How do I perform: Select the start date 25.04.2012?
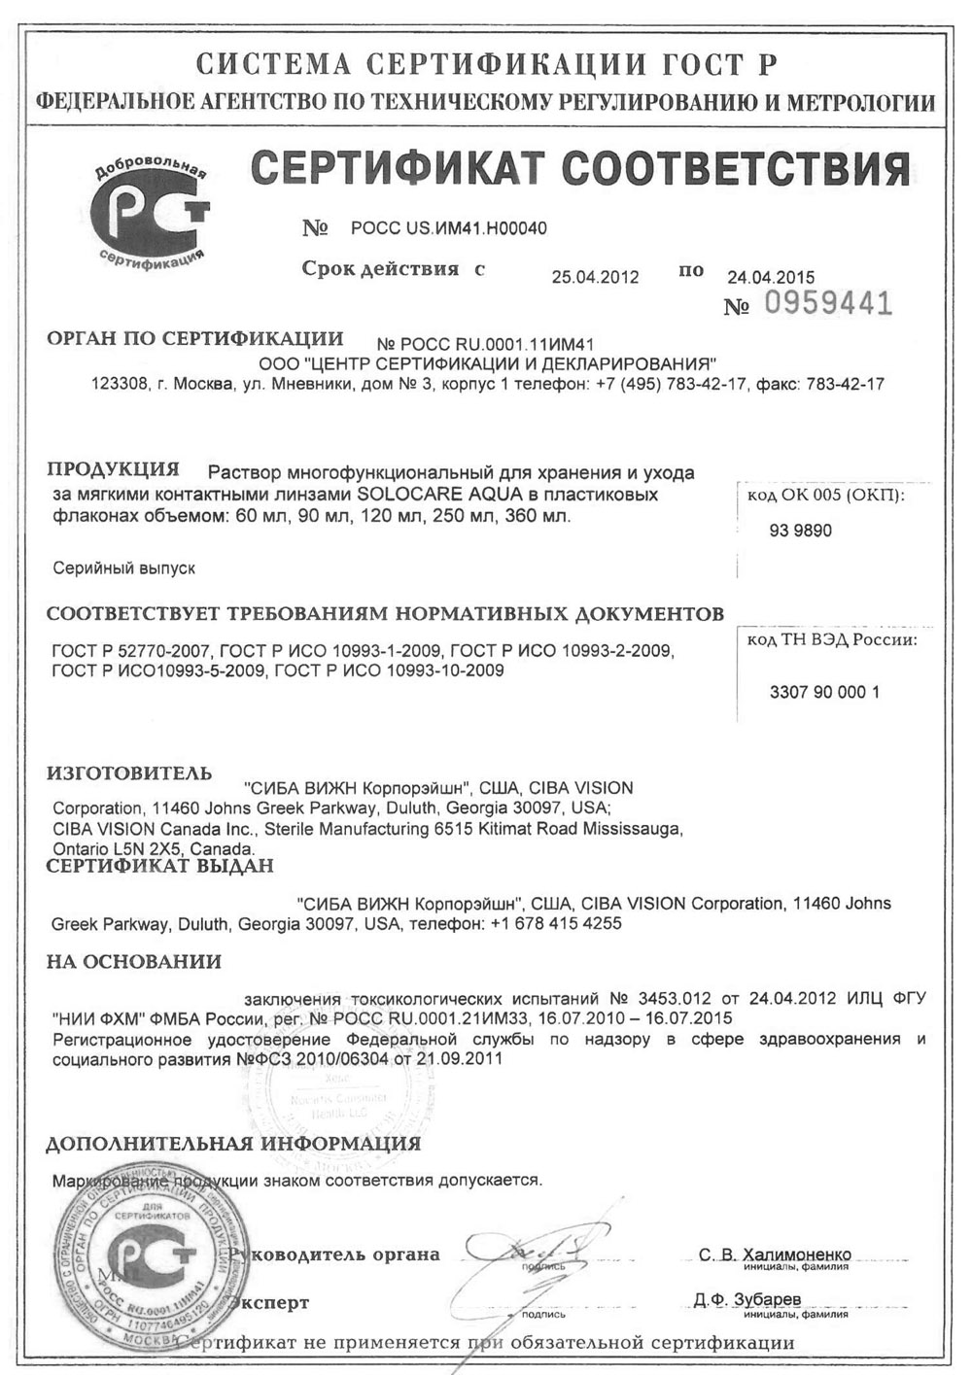tap(595, 277)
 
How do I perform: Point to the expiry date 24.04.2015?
tap(771, 277)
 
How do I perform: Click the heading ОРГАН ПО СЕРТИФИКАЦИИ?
tap(194, 339)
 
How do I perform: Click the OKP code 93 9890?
tap(800, 532)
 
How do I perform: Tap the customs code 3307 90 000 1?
tap(824, 693)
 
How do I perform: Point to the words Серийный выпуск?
tap(123, 568)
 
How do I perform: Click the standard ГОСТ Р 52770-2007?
tap(131, 650)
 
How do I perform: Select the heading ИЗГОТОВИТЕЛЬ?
tap(129, 774)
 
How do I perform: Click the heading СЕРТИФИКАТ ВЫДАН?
tap(160, 866)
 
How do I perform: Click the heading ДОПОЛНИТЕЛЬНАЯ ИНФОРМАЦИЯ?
tap(233, 1144)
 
